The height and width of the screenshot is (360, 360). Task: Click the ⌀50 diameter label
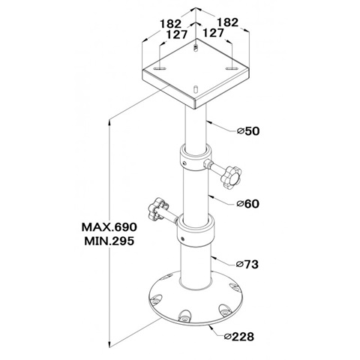[x=248, y=130]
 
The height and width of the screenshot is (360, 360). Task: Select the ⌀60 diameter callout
[x=248, y=204]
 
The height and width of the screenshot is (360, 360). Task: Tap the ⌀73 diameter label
[x=247, y=264]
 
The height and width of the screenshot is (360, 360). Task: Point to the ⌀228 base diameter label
[x=239, y=336]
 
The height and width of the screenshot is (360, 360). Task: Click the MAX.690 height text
[x=109, y=227]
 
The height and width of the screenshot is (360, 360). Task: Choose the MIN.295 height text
[x=109, y=241]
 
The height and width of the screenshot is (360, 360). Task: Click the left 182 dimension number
[x=171, y=24]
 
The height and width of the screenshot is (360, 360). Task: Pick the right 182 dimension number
[x=227, y=22]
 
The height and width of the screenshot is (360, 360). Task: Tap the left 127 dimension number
[x=177, y=34]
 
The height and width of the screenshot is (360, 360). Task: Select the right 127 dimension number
[x=213, y=33]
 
